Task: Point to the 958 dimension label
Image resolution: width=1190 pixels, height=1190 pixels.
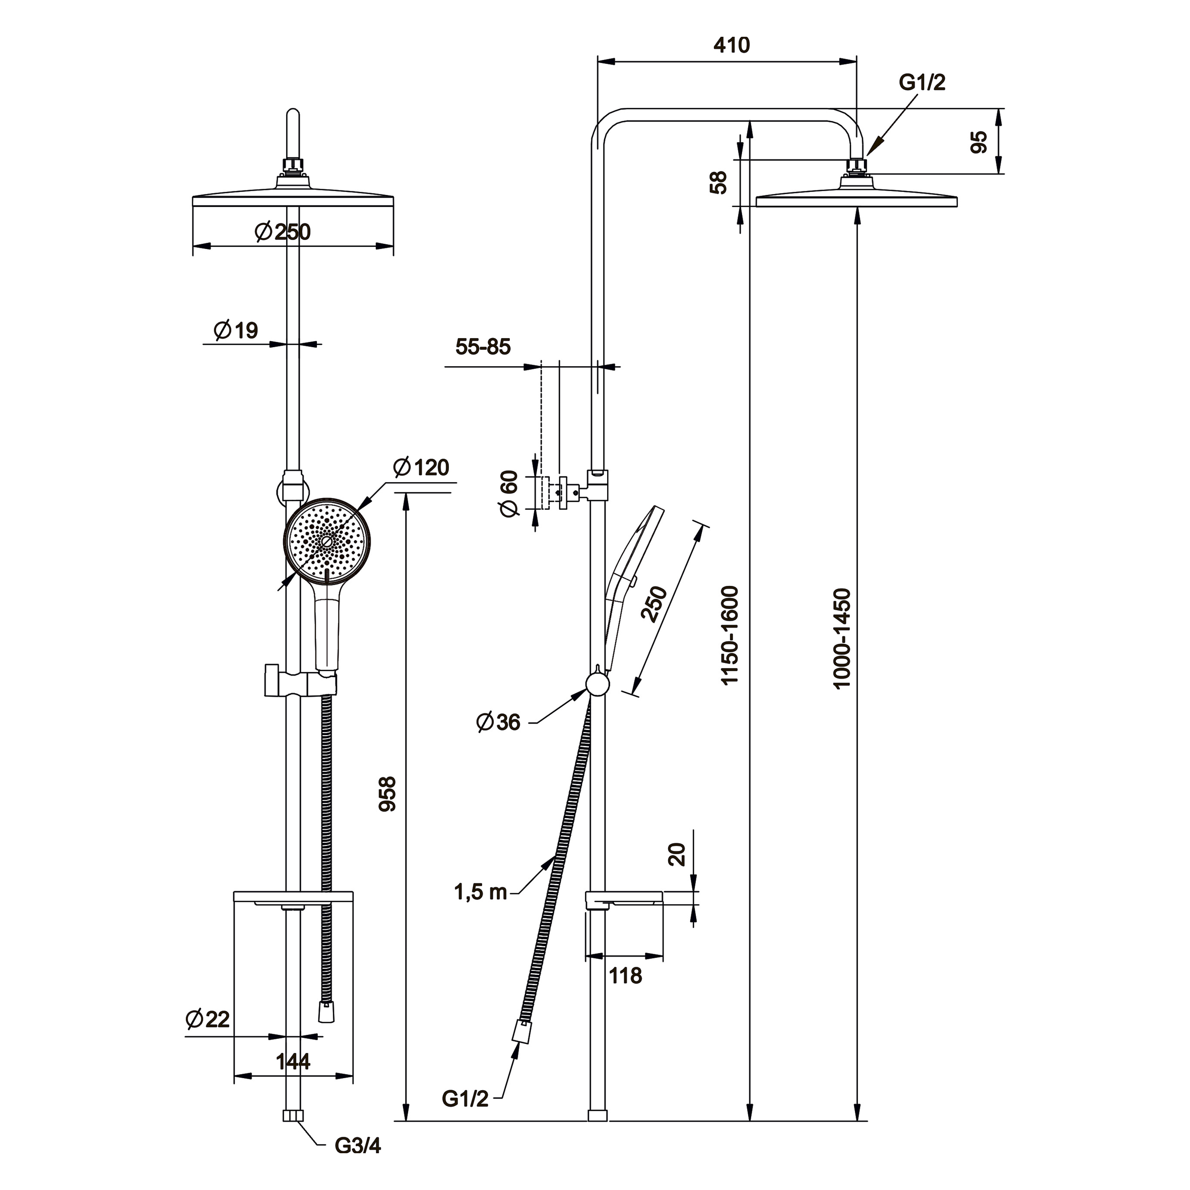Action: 387,794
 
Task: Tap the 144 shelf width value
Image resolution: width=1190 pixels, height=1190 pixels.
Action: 293,1061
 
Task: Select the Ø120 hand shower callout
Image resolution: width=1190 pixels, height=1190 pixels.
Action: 421,468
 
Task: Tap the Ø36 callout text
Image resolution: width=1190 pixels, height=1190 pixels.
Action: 498,722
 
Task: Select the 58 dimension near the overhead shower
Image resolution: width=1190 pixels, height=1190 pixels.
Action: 719,182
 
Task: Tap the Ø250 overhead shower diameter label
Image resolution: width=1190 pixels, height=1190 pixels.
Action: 283,232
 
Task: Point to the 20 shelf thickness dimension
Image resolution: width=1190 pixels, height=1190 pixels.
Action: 677,855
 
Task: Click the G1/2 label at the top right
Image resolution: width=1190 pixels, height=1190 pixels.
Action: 922,82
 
